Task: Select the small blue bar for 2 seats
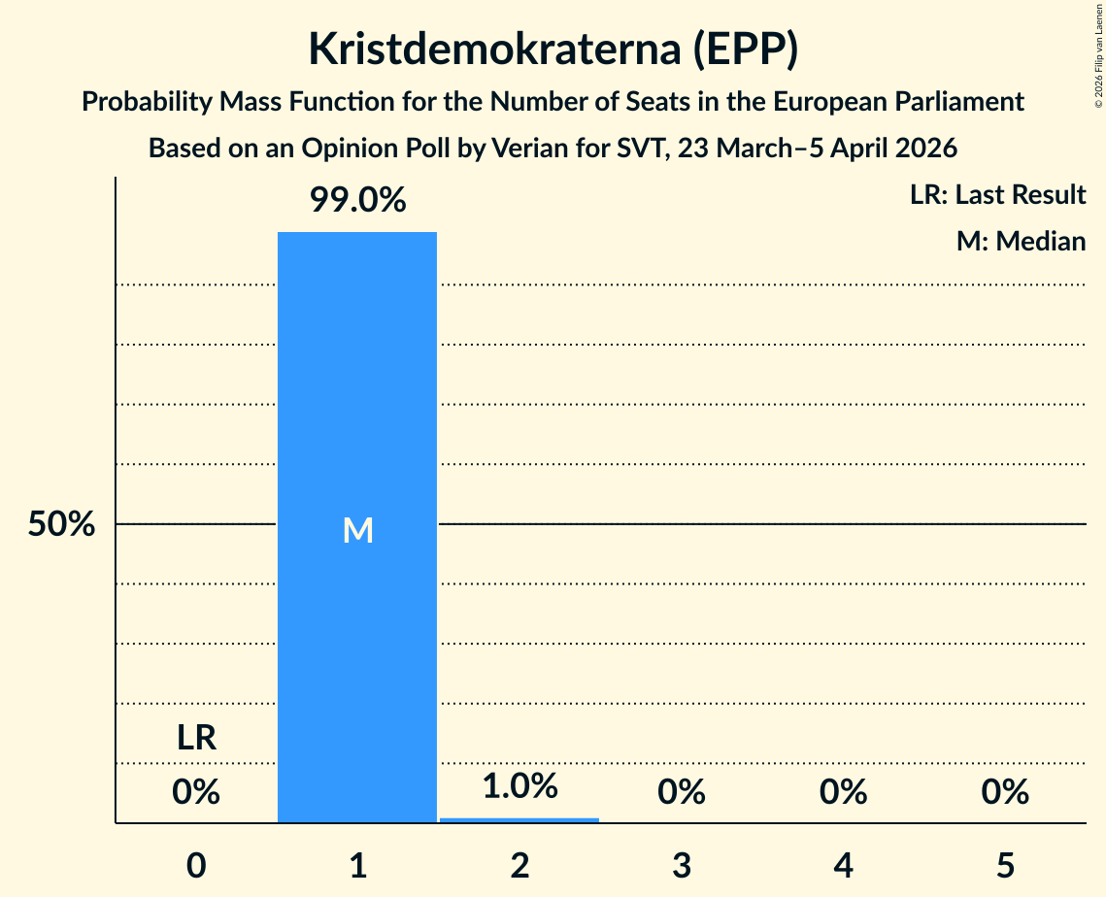point(519,819)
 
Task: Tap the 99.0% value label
point(357,201)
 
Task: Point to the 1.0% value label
point(519,785)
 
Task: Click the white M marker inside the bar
point(357,530)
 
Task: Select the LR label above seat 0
point(196,738)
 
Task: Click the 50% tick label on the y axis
point(61,524)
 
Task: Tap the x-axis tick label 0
point(196,865)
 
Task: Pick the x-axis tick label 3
point(681,865)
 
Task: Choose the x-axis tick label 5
point(1004,865)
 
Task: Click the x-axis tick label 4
point(843,865)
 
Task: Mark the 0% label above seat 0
point(196,792)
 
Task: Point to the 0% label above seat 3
point(681,792)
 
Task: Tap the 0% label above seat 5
point(1004,792)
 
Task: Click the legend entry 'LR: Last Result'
point(997,195)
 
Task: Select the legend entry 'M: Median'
point(1021,241)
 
